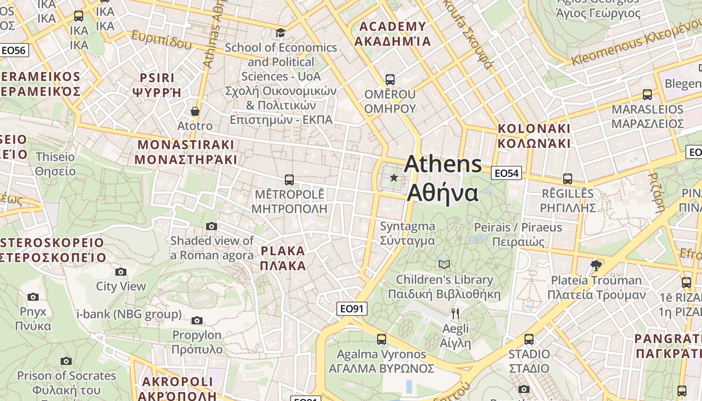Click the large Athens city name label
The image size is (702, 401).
pyautogui.click(x=443, y=178)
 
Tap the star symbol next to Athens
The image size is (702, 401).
pyautogui.click(x=394, y=177)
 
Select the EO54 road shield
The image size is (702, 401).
pyautogui.click(x=506, y=173)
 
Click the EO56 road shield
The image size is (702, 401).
pyautogui.click(x=15, y=50)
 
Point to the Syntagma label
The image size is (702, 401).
pyautogui.click(x=407, y=234)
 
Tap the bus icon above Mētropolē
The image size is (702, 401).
pyautogui.click(x=289, y=179)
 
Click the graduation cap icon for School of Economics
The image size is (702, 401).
pyautogui.click(x=280, y=33)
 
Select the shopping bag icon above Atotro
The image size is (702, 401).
pyautogui.click(x=195, y=111)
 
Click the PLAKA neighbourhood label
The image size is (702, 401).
pyautogui.click(x=283, y=258)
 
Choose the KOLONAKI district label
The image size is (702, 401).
pyautogui.click(x=534, y=136)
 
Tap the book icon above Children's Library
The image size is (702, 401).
pyautogui.click(x=444, y=264)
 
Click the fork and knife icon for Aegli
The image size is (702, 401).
pyautogui.click(x=455, y=314)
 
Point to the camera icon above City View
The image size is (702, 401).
pyautogui.click(x=121, y=272)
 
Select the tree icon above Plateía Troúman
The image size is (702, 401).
pyautogui.click(x=596, y=265)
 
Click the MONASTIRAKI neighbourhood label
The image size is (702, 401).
pyautogui.click(x=186, y=152)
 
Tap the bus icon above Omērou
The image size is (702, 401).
pyautogui.click(x=390, y=79)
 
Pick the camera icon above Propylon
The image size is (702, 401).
pyautogui.click(x=197, y=320)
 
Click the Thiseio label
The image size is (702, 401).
pyautogui.click(x=55, y=164)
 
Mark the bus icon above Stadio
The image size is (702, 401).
pyautogui.click(x=529, y=339)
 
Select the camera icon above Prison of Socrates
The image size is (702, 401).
pyautogui.click(x=66, y=361)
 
